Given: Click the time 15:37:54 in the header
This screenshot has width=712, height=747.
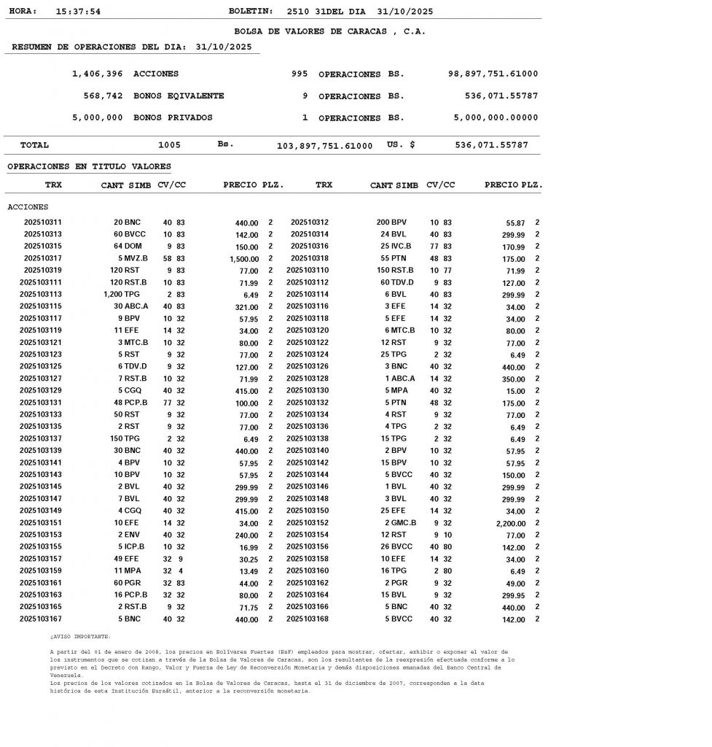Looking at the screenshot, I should (x=78, y=12).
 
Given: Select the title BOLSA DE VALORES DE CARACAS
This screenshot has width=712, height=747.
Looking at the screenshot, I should (x=329, y=31).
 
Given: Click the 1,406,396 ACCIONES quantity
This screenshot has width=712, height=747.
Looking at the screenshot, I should (x=98, y=74).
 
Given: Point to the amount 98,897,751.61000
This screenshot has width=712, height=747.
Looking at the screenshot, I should (x=493, y=74).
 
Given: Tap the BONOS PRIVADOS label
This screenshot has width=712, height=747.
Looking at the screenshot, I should (x=173, y=117).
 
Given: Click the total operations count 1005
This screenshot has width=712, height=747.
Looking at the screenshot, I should (x=169, y=145).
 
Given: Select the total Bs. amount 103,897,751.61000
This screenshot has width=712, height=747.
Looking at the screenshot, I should (x=324, y=146).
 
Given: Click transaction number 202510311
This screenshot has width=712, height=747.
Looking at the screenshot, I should (x=43, y=222).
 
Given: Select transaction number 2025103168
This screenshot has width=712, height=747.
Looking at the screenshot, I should (x=308, y=619).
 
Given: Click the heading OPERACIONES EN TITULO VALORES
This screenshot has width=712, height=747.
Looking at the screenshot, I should (x=89, y=167).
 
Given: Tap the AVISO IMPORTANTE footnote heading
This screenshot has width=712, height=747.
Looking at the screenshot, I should (x=80, y=637).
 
